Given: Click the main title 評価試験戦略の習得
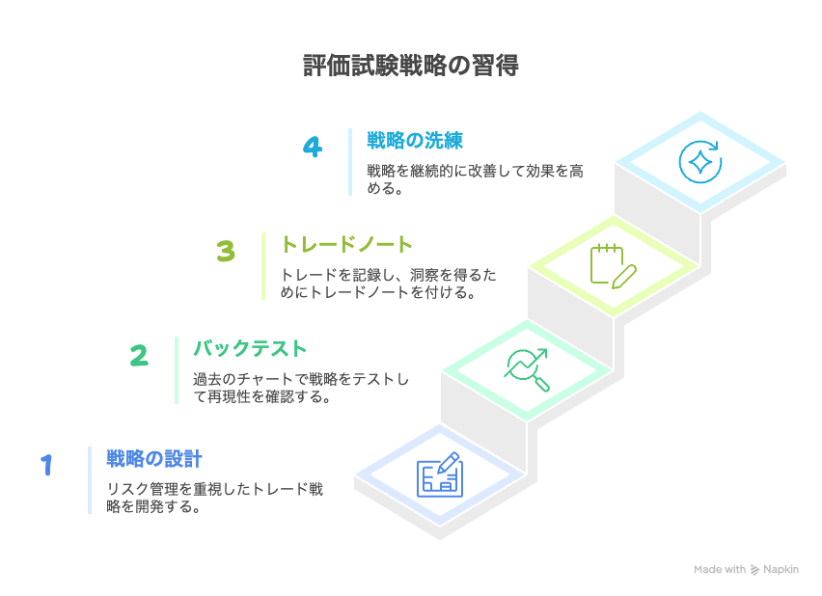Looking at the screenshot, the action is click(x=411, y=66).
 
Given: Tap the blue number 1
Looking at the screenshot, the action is click(x=47, y=465).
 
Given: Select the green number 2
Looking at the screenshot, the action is click(x=140, y=356).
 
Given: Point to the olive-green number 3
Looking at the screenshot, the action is click(x=226, y=251).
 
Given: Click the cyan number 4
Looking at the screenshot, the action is click(x=313, y=147).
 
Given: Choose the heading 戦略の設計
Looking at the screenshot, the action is click(x=154, y=459).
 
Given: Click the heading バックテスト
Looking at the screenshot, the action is click(x=250, y=348).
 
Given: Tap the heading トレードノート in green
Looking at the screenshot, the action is click(x=347, y=244).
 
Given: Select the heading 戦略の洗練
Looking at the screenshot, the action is click(x=415, y=141).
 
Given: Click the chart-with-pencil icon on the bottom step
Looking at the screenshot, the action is click(x=440, y=474).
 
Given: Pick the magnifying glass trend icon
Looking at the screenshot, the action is click(x=527, y=370).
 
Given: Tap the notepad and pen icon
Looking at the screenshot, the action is click(x=614, y=266).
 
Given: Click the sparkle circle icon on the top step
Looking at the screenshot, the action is click(x=700, y=162).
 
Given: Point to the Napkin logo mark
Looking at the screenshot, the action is click(x=754, y=570).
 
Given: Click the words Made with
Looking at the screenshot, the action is click(x=720, y=569).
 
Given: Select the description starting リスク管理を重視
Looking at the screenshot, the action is click(x=215, y=498).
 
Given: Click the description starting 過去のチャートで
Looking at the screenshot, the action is click(x=301, y=388).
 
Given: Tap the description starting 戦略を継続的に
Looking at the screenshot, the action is click(x=475, y=179).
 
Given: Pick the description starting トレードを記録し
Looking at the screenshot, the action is click(x=389, y=284).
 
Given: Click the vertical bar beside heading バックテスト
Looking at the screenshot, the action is click(x=177, y=370).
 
